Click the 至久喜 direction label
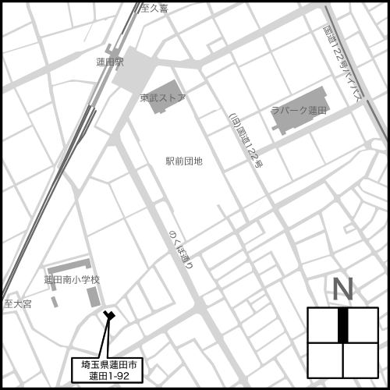tap(153, 8)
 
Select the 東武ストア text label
tap(163, 98)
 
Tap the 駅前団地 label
tap(184, 161)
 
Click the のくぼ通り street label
tap(180, 249)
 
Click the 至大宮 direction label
tap(17, 303)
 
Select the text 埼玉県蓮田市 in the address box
tap(108, 365)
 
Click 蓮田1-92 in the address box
tap(108, 376)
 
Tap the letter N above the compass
tap(342, 289)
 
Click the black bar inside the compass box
tap(342, 324)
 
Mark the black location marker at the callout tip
tap(109, 315)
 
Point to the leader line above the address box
tap(105, 337)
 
